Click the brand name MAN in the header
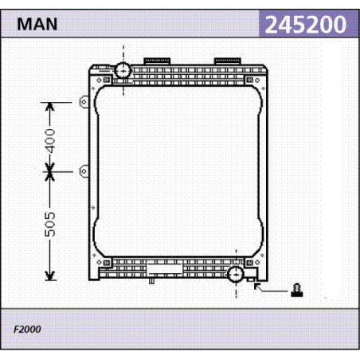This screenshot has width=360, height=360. [37, 24]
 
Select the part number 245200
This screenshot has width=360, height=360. [306, 25]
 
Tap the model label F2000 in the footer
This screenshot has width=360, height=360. [27, 329]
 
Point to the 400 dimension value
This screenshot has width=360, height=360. [50, 141]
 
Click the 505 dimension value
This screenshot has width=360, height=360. [50, 225]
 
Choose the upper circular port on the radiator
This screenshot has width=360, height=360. [123, 70]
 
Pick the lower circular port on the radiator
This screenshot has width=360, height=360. [236, 275]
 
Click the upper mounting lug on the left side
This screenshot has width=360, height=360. [84, 102]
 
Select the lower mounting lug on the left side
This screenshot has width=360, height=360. [84, 171]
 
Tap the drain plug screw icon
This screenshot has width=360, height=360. [297, 290]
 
